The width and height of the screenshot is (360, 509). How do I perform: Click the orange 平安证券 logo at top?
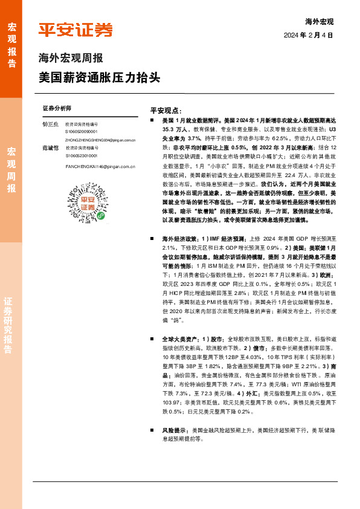click(75, 29)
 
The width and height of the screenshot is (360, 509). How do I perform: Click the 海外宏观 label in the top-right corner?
click(319, 21)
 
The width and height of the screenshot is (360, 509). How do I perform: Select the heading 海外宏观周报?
click(71, 59)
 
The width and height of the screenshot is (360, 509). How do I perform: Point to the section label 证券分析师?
click(57, 108)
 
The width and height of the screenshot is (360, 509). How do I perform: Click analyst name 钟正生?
click(51, 123)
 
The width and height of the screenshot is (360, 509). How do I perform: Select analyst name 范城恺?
click(51, 148)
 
